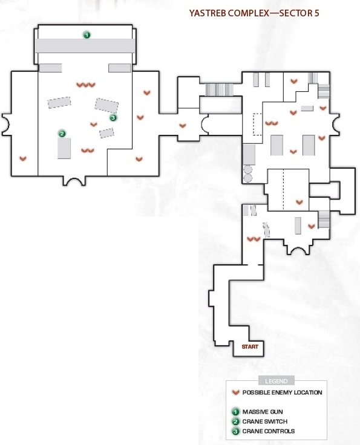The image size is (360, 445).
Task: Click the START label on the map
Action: click(250, 346)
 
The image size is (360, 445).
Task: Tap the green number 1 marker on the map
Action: click(87, 35)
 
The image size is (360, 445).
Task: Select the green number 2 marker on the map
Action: click(62, 134)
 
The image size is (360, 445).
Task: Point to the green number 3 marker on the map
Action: click(113, 117)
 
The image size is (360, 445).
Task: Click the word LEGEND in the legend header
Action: click(277, 381)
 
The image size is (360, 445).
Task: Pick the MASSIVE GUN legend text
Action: click(263, 412)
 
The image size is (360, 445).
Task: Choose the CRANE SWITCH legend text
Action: click(265, 421)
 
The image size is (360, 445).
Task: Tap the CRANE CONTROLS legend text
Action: click(269, 431)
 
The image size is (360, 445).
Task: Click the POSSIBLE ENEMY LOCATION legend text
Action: click(282, 392)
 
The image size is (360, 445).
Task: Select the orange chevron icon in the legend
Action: click(235, 392)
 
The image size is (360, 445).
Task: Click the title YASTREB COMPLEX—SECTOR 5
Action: click(254, 13)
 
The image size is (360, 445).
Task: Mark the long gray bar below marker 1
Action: click(85, 46)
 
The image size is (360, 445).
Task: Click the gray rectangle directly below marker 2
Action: click(64, 148)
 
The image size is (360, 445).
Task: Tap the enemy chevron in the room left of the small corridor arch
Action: click(183, 125)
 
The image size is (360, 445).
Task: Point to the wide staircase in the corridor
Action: click(219, 89)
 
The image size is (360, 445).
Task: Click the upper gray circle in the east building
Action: click(248, 169)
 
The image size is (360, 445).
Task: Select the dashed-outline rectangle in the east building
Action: click(257, 125)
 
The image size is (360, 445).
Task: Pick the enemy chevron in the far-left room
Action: click(23, 158)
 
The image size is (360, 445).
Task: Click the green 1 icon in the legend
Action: click(235, 412)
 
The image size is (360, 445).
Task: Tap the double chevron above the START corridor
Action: click(254, 239)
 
